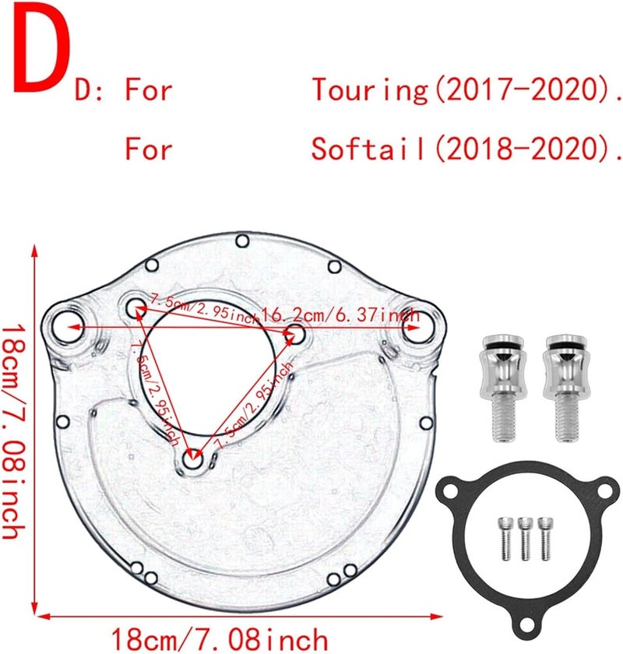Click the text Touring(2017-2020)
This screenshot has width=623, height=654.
point(466,91)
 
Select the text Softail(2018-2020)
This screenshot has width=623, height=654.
point(466,148)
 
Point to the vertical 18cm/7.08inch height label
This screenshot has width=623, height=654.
point(16,431)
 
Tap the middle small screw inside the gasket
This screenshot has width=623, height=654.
point(526,536)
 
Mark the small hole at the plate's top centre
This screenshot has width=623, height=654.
point(242,241)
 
